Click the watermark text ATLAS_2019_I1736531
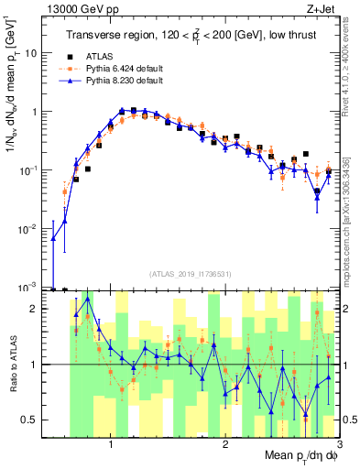(191, 273)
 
